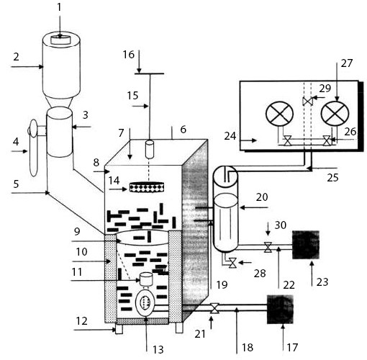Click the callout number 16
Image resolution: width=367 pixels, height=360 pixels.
pos(129,55)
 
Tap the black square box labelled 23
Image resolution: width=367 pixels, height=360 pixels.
pos(306,245)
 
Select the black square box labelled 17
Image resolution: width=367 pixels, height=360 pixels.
pos(280,310)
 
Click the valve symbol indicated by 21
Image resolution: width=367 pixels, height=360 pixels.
pos(214,308)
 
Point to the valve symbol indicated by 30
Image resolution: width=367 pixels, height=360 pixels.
pos(268,247)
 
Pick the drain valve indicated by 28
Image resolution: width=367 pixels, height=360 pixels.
pos(232,263)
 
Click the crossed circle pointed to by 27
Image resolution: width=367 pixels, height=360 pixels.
pos(335,114)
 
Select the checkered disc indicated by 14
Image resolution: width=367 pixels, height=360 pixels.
pos(147,187)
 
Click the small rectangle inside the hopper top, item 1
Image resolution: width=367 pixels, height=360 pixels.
pos(61,40)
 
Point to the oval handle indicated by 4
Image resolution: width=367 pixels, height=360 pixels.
pos(33,148)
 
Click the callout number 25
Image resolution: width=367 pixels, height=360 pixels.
pos(332,178)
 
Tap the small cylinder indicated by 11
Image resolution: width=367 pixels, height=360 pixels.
pos(146,279)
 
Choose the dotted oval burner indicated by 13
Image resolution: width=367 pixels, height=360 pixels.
pos(145,302)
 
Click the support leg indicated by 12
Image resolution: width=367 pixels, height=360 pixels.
pos(119,328)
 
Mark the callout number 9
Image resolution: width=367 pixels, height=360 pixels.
pos(77,232)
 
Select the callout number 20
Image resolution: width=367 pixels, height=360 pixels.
pos(262,197)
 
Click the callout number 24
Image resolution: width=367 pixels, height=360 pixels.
pos(230,136)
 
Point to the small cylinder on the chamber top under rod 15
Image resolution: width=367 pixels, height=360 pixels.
pos(150,149)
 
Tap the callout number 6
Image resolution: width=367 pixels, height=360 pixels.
pos(183,130)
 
